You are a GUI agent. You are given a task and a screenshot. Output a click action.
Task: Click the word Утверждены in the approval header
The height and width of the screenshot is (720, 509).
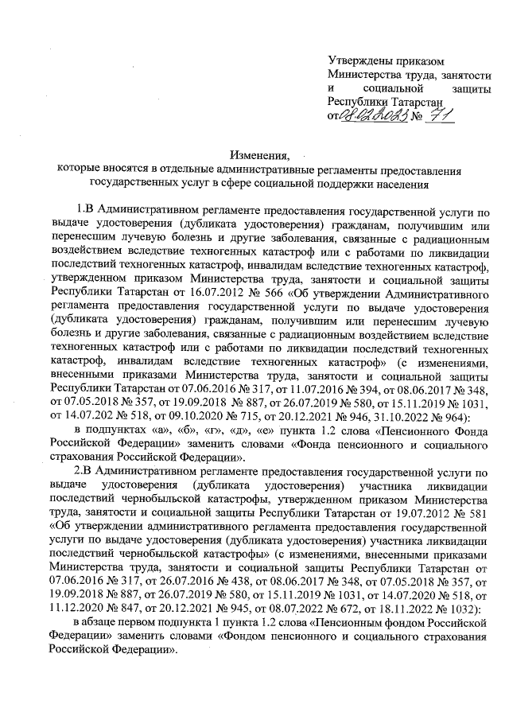[361, 60]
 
